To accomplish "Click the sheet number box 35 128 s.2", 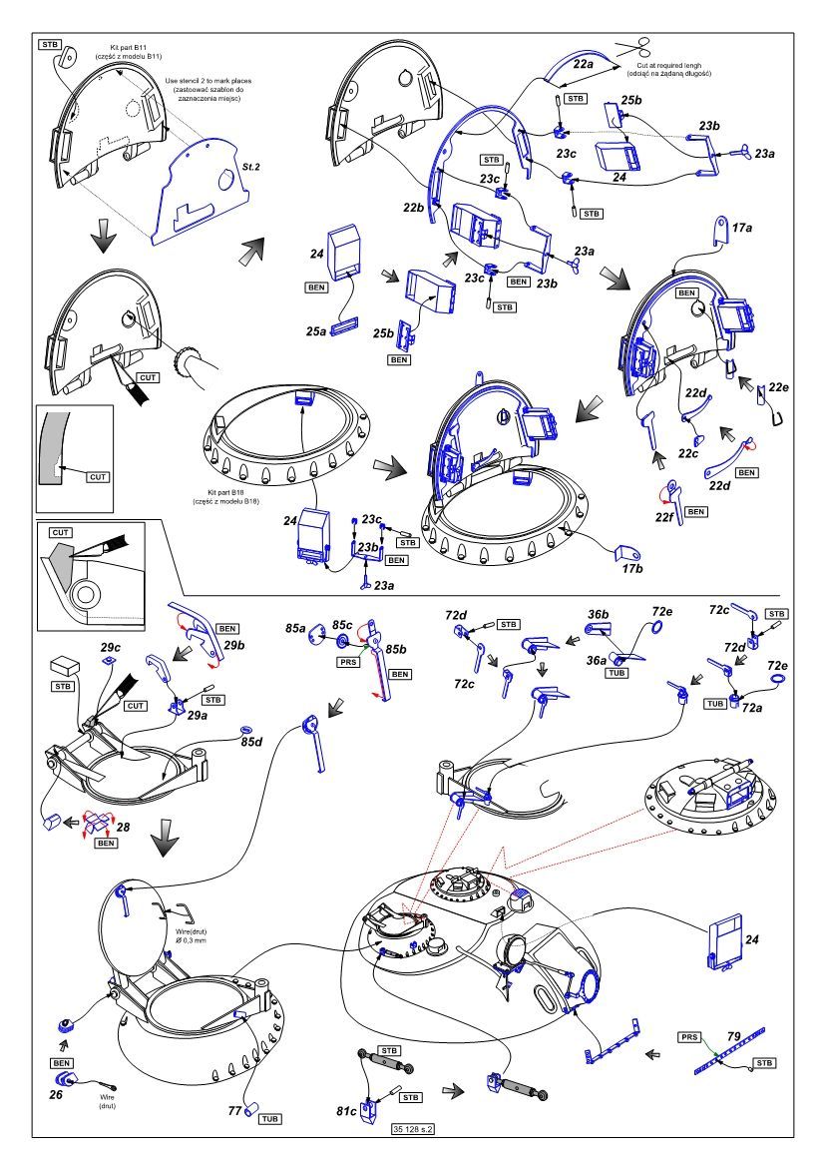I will click(417, 1128).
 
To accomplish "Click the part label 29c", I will click(111, 648).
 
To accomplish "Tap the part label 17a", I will click(743, 229).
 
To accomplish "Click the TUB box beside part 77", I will click(269, 1119).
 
